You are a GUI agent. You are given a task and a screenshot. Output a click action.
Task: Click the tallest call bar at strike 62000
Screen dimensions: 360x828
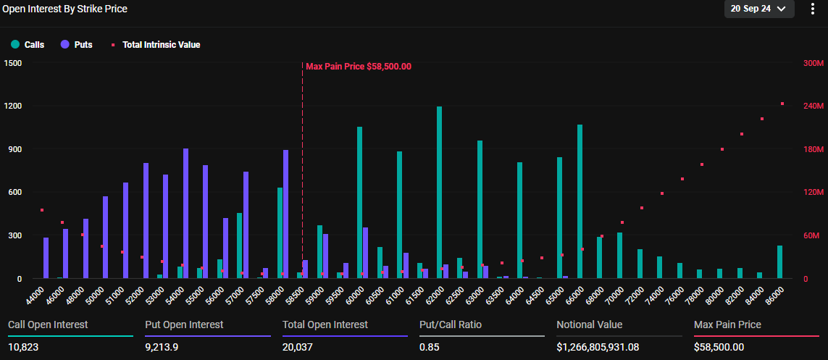point(439,193)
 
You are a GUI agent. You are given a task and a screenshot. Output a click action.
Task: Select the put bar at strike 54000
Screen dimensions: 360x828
point(186,214)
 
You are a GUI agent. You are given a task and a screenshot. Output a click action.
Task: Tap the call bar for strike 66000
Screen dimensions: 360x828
point(580,201)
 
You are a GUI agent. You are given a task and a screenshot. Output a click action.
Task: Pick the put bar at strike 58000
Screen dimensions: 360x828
point(285,214)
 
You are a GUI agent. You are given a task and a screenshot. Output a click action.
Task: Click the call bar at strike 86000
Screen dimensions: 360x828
point(779,262)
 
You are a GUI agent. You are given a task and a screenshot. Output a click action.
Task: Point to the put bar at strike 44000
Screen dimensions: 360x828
point(46,258)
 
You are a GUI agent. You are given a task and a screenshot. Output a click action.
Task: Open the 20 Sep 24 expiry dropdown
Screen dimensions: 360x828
point(758,9)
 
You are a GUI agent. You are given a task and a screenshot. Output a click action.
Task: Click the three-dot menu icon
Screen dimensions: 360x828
point(812,9)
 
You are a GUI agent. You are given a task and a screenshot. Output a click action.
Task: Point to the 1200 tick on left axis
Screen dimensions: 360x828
point(13,106)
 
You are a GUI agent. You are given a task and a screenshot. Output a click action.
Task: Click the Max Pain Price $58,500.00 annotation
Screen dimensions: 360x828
point(359,67)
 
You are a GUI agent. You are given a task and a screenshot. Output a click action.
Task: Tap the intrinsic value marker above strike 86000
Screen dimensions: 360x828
point(782,104)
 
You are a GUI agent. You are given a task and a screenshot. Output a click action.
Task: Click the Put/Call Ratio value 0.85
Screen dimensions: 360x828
point(430,347)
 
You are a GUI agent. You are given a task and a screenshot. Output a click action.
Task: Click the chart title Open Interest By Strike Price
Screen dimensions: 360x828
point(65,9)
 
